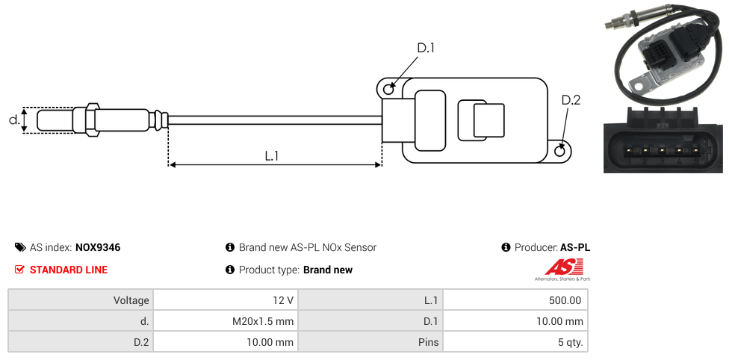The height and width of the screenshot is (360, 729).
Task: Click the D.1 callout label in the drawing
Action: [426, 48]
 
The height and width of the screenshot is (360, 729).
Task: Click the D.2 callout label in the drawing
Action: [571, 100]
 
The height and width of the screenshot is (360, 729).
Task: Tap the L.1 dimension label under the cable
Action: [272, 155]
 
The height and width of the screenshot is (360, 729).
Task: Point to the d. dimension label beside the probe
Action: [13, 120]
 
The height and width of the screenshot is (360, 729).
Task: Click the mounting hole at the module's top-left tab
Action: [388, 90]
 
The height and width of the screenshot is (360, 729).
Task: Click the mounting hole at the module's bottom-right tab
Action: [560, 151]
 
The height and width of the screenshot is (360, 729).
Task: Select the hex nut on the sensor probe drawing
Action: [93, 120]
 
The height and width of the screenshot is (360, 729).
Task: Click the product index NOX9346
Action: [98, 247]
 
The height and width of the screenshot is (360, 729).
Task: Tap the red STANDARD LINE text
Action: [68, 270]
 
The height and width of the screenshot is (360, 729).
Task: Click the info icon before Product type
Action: [230, 270]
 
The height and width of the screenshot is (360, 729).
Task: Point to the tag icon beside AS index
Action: [20, 247]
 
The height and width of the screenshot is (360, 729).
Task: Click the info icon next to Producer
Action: [506, 247]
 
